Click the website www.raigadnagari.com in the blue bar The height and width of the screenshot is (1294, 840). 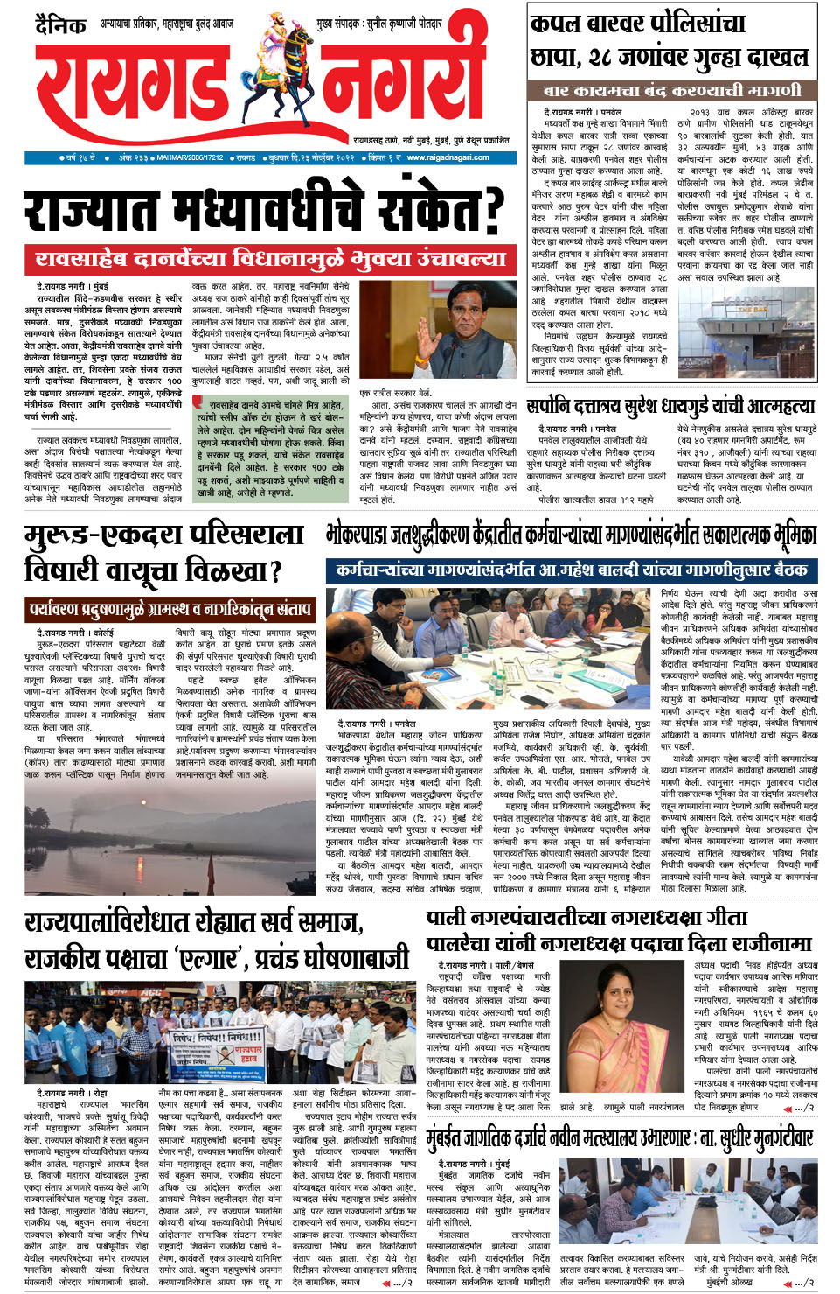[448, 157]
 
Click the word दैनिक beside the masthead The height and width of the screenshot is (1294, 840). [60, 25]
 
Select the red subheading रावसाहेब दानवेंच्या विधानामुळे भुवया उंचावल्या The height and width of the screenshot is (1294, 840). [270, 259]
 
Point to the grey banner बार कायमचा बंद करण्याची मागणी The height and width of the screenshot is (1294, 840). [671, 91]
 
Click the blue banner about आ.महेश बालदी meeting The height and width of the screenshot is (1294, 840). [573, 570]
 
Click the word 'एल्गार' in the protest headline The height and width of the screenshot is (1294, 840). [213, 958]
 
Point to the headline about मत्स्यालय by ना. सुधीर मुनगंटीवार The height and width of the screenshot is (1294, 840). [620, 1138]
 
